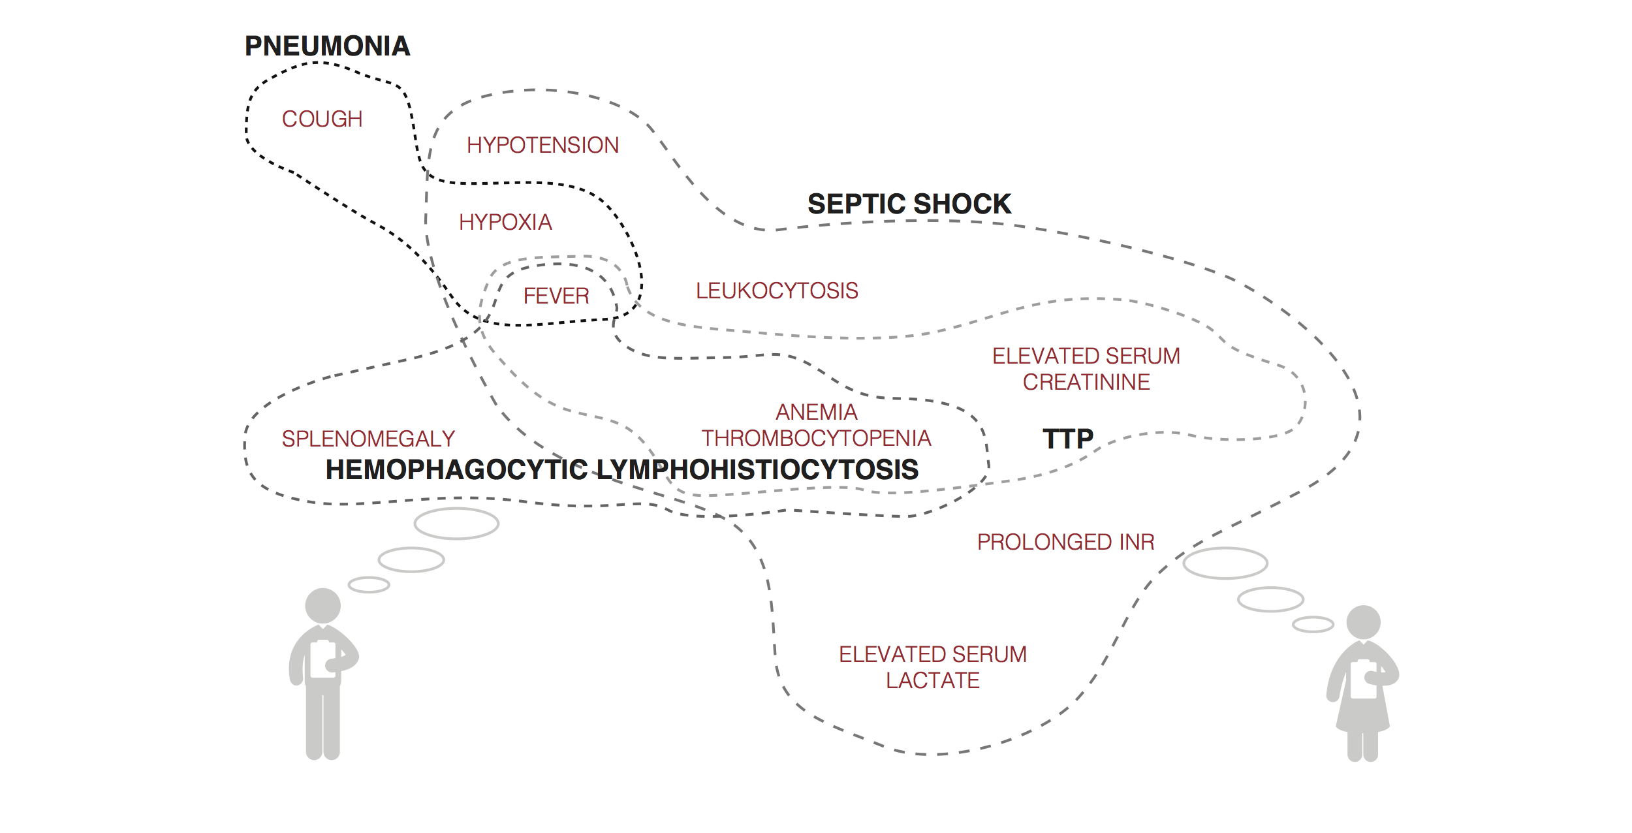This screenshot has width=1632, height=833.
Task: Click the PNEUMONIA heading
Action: (327, 46)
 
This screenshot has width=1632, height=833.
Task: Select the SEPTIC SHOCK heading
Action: (909, 204)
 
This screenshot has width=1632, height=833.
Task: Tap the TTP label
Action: (1067, 439)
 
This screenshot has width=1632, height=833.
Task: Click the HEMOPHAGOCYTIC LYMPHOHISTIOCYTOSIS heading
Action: (621, 470)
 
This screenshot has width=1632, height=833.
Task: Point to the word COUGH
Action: (322, 119)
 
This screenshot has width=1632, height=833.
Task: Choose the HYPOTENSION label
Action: (542, 145)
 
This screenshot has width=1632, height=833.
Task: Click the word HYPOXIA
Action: (505, 223)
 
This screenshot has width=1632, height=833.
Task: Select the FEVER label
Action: (556, 296)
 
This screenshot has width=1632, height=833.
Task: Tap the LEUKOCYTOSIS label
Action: (777, 291)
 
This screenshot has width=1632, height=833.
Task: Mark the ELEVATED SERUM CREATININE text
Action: (1086, 369)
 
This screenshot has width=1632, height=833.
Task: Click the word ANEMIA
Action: (816, 413)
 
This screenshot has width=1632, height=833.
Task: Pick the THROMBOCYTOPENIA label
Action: (816, 439)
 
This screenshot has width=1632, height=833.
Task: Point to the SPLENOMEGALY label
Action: (368, 439)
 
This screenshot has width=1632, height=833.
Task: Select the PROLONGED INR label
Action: (1065, 542)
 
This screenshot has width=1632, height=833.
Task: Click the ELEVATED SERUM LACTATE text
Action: (933, 667)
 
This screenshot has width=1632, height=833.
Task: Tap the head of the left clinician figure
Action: (323, 606)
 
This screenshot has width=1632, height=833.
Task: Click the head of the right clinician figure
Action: (1363, 622)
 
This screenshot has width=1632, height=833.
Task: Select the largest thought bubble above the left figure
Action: (456, 524)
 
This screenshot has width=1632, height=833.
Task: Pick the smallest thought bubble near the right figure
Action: (1313, 625)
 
